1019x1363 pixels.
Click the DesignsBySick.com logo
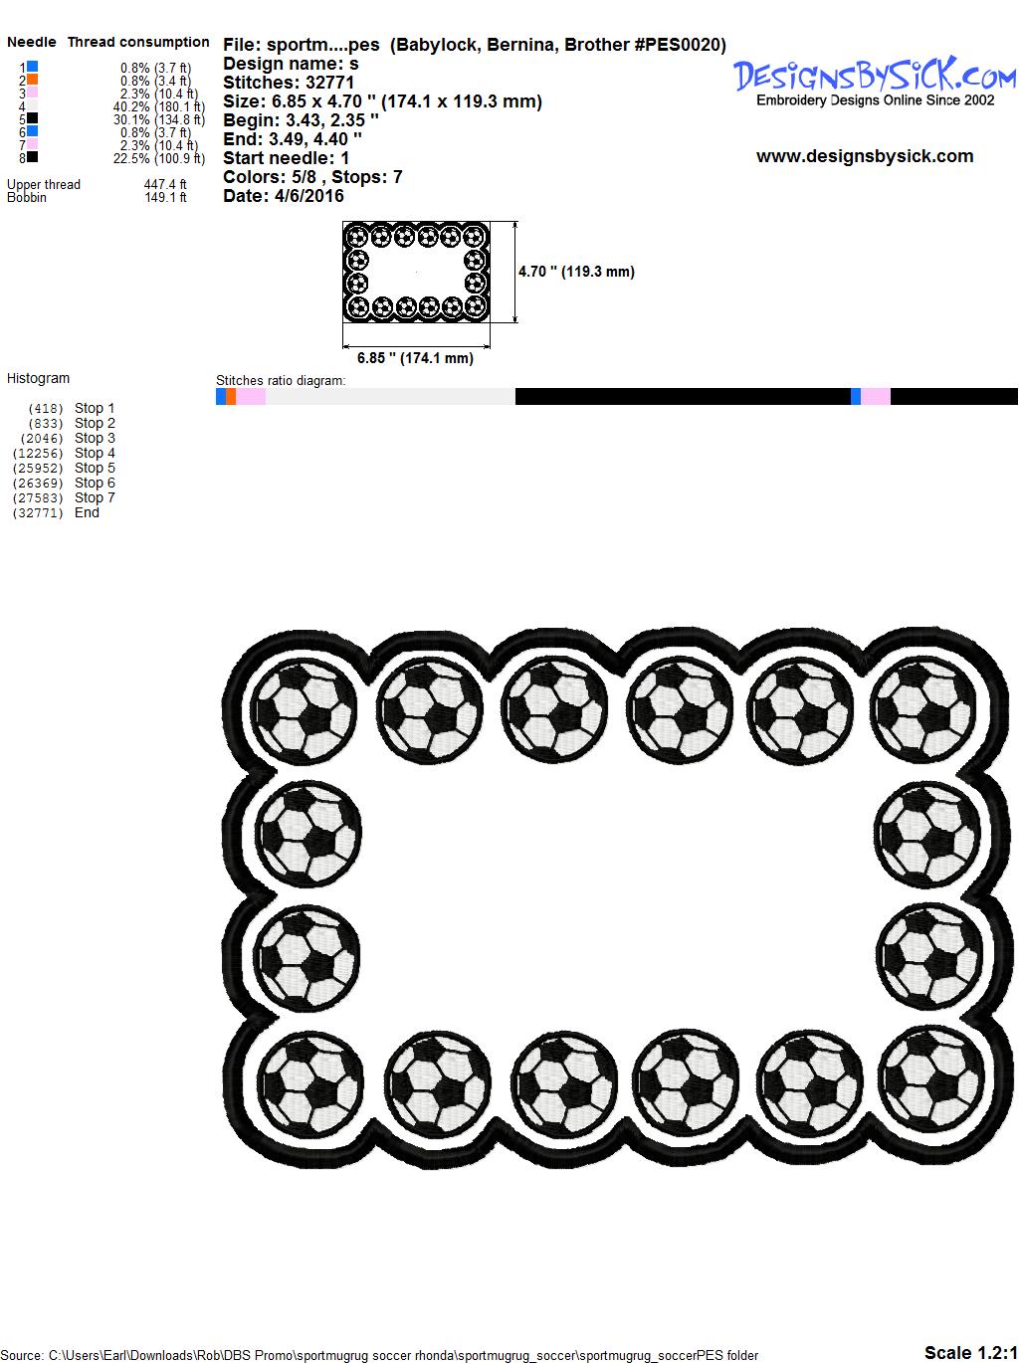pyautogui.click(x=875, y=82)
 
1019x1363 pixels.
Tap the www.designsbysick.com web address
pyautogui.click(x=865, y=156)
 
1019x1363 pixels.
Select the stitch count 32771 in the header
pyautogui.click(x=329, y=83)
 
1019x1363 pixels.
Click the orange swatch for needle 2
pyautogui.click(x=32, y=79)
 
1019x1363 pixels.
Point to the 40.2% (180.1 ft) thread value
pyautogui.click(x=159, y=106)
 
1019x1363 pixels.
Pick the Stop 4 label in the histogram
pyautogui.click(x=95, y=453)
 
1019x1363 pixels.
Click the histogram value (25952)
pyautogui.click(x=37, y=469)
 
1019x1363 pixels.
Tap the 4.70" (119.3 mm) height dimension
pyautogui.click(x=576, y=272)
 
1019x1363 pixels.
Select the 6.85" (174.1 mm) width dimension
pyautogui.click(x=415, y=358)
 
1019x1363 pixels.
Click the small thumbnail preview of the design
pyautogui.click(x=416, y=272)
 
